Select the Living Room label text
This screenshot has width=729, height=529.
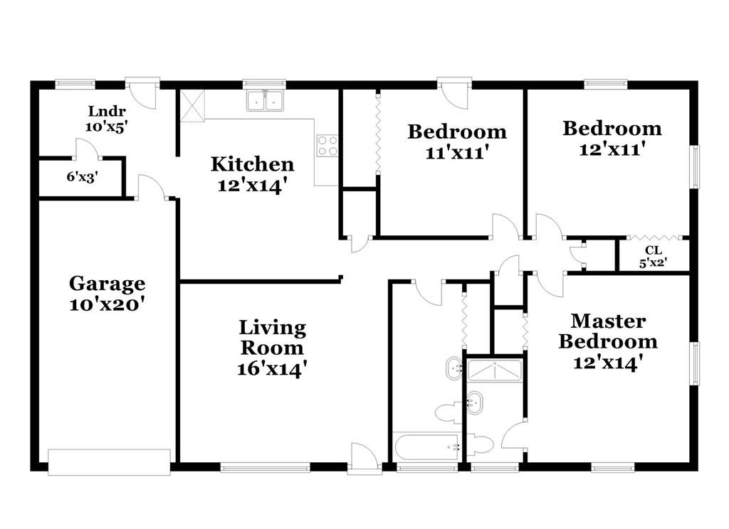pos(272,348)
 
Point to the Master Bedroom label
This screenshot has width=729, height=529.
pos(607,341)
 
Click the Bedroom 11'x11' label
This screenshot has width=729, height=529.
pos(456,141)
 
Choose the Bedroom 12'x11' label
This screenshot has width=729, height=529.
pos(612,138)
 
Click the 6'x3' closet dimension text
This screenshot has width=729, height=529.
pos(82,177)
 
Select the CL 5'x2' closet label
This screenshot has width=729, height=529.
pos(652,256)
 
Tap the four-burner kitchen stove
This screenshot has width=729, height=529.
pos(327,145)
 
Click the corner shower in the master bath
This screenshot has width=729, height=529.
pos(495,370)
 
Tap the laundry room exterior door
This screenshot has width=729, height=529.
pos(142,92)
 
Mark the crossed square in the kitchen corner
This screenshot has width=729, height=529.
pos(192,105)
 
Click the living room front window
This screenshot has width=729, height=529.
pos(265,467)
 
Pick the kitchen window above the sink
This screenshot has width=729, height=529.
pos(264,83)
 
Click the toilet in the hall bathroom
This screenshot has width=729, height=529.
pos(449,412)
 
